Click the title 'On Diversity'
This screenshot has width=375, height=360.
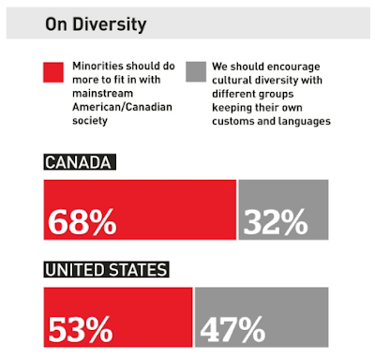96,24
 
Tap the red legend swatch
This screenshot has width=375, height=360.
53,72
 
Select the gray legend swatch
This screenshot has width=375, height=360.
196,72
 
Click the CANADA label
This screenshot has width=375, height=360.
80,162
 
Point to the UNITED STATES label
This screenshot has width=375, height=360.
106,269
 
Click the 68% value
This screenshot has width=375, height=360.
82,222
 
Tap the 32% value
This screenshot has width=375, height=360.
276,222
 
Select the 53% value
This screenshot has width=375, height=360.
81,329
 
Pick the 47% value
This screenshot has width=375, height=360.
232,329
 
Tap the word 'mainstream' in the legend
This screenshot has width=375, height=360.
103,93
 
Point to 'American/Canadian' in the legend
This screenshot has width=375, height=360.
122,107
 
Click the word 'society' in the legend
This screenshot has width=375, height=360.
90,121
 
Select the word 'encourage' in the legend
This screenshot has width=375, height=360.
293,67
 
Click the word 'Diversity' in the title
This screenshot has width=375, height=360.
110,24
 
